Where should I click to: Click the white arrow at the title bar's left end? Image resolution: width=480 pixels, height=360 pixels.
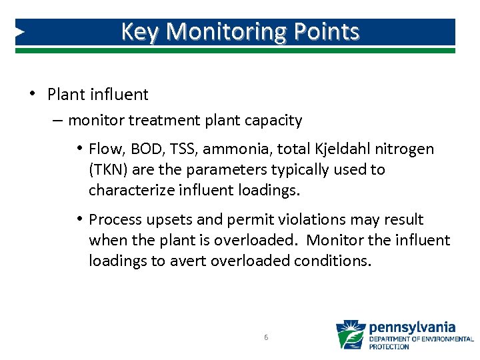(x=20, y=31)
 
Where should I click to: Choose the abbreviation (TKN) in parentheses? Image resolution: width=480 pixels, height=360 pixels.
(x=107, y=169)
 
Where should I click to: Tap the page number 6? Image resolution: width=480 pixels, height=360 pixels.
(x=266, y=337)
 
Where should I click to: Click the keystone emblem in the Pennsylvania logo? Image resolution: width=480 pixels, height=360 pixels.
(x=350, y=335)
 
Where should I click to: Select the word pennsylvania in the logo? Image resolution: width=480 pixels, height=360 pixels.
(x=412, y=327)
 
